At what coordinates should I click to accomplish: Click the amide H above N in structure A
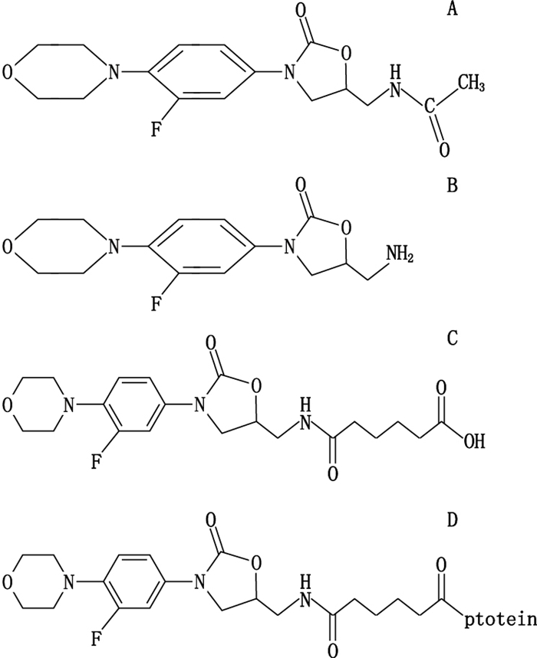pyautogui.click(x=396, y=70)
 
